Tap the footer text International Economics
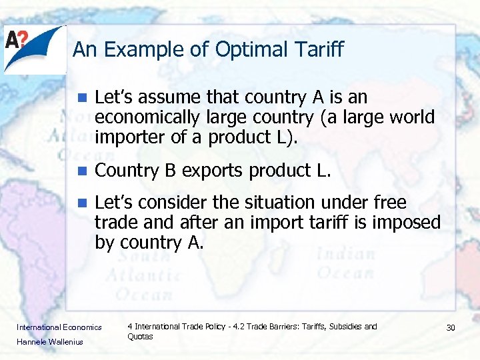(59, 327)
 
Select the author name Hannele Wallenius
(50, 342)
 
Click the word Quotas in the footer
(140, 337)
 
